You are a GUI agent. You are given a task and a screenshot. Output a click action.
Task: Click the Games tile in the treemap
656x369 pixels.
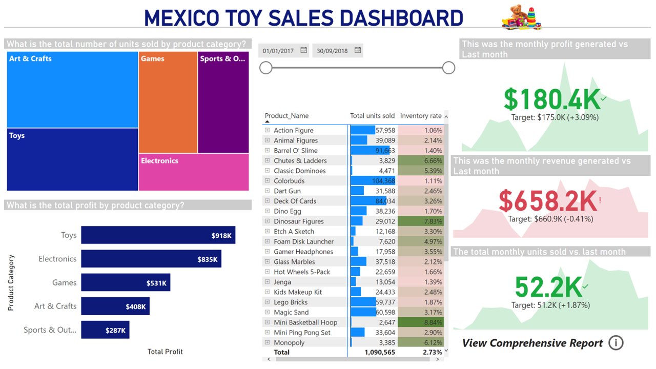[x=168, y=102]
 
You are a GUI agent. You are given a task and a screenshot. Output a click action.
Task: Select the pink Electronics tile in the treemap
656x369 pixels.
[x=194, y=172]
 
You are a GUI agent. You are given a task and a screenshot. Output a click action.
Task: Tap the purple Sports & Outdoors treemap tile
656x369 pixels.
[x=223, y=102]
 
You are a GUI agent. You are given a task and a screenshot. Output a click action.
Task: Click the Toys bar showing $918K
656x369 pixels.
[x=158, y=235]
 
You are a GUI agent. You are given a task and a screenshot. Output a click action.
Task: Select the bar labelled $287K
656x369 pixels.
[x=105, y=330]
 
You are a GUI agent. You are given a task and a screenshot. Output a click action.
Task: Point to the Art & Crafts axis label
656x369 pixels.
[x=55, y=306]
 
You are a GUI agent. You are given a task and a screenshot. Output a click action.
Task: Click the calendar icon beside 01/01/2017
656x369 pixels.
[x=304, y=50]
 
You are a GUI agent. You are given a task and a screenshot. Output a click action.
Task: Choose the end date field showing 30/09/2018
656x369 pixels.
[x=332, y=51]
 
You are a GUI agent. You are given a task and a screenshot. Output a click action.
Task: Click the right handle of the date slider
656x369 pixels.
[x=448, y=68]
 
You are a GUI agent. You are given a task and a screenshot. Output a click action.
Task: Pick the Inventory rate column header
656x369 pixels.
[x=420, y=116]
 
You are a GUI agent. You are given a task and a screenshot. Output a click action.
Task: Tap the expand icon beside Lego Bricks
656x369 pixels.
[x=267, y=302]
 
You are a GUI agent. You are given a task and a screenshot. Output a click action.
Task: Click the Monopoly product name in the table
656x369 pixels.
[x=289, y=343]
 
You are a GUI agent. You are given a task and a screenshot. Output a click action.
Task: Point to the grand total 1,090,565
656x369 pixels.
[x=379, y=353]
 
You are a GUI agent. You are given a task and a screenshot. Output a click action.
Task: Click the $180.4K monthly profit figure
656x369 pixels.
[x=551, y=99]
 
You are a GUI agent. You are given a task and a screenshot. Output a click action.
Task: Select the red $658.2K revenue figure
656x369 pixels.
[x=548, y=201]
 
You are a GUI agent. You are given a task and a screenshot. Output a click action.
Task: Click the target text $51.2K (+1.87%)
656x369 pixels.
[x=550, y=305]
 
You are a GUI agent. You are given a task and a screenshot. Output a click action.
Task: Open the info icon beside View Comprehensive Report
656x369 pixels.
[x=616, y=343]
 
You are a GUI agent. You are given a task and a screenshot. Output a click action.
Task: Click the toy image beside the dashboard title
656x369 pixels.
[x=521, y=18]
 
